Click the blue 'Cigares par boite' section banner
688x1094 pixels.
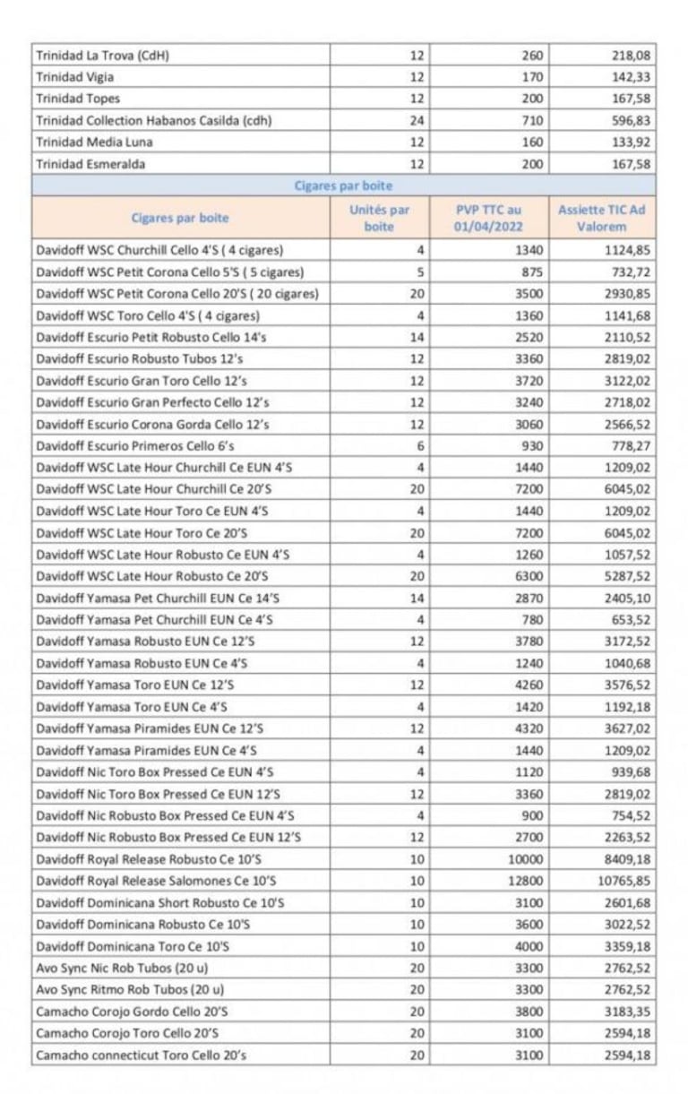point(343,186)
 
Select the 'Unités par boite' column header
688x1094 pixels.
point(379,218)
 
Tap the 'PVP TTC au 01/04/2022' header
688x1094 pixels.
point(488,218)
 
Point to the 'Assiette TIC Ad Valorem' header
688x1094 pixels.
point(601,218)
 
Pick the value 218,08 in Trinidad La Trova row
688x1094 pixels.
point(632,56)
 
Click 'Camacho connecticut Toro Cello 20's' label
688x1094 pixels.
point(142,1055)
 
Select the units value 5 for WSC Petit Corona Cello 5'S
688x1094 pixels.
point(421,272)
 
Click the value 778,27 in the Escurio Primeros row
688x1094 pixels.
point(632,446)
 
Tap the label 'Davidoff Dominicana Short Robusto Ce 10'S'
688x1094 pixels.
point(160,903)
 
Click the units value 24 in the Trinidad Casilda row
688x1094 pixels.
point(417,120)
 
